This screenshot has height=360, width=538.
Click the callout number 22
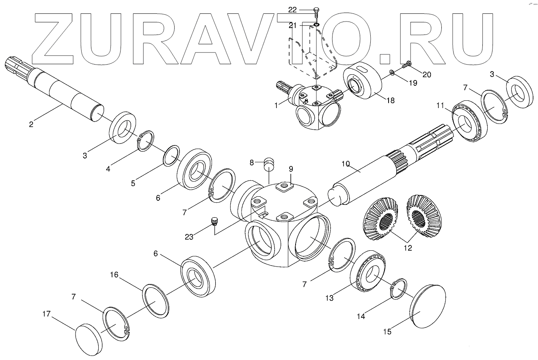pos(303,9)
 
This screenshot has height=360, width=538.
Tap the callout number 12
pos(408,248)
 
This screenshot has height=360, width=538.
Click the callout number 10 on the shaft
pos(346,164)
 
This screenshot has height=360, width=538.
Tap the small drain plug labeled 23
pos(214,221)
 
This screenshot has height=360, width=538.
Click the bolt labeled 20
pos(407,64)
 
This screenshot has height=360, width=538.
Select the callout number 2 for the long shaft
pos(31,124)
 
